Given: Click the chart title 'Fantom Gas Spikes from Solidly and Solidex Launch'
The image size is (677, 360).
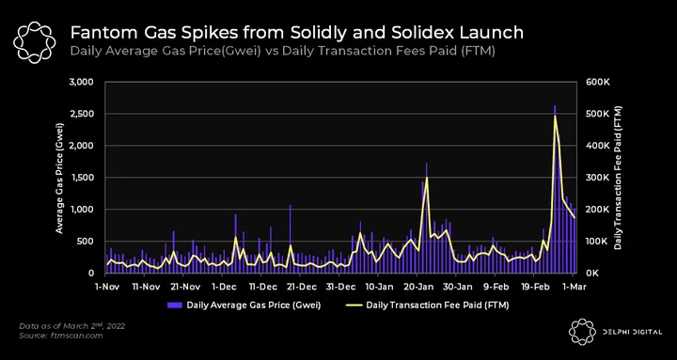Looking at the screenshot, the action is pos(296,33).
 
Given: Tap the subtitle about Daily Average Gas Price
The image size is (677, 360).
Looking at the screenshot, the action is pos(282,51).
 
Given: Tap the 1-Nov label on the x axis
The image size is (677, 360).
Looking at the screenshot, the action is pos(106,286).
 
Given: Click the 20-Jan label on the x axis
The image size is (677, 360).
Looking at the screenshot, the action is pos(417,286).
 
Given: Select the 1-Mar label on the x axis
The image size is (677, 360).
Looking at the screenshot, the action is pos(574,286).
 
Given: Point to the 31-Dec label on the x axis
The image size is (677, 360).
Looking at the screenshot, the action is pos(338,286).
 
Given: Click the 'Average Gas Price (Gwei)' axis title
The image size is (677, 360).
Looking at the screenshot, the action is pos(59,178).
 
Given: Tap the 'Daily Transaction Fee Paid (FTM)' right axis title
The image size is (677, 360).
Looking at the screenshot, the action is pos(618,178).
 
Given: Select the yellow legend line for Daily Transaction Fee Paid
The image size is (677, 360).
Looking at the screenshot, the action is pos(354,305).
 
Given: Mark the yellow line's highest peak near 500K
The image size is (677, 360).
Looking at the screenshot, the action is pos(555,117).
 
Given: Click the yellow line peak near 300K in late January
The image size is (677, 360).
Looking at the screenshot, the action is pos(427,178).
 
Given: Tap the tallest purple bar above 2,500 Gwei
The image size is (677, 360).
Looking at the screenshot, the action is pos(555,189).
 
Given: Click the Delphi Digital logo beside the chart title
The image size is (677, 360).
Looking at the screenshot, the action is pos(35,42).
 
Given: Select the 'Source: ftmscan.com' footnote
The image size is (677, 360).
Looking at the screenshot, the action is pos(61,336).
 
